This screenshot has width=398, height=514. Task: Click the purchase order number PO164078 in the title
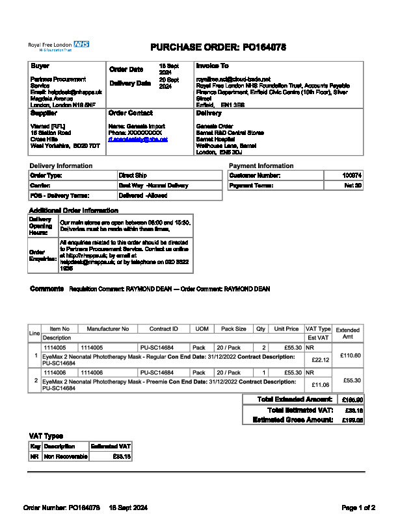tap(264, 47)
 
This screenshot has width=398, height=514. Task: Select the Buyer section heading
tap(40, 66)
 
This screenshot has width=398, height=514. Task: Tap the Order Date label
tap(126, 69)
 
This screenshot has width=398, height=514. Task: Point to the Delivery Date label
tap(130, 83)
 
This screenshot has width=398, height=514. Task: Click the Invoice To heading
tap(212, 66)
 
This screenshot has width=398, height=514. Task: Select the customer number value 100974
tap(352, 176)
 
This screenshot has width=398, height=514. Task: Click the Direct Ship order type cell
tap(133, 176)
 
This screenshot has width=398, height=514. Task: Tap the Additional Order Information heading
tap(73, 211)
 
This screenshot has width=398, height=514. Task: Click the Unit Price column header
tap(286, 329)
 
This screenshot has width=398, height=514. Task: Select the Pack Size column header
tap(233, 329)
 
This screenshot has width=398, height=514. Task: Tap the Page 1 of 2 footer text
tap(358, 507)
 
